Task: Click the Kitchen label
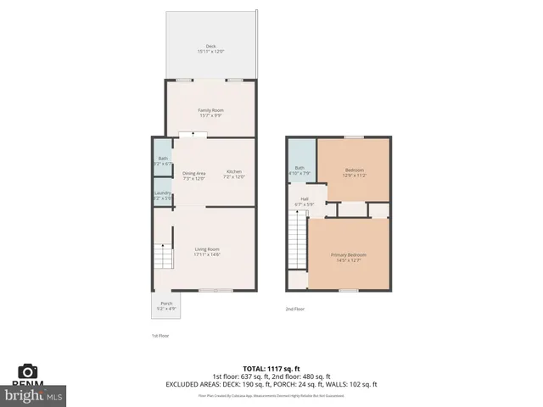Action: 233,174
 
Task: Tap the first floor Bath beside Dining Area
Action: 163,160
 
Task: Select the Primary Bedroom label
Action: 349,256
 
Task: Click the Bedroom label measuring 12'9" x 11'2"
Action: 354,173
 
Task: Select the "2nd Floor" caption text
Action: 294,309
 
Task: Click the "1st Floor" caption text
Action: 149,336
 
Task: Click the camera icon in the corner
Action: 28,371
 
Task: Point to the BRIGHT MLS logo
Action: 34,395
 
